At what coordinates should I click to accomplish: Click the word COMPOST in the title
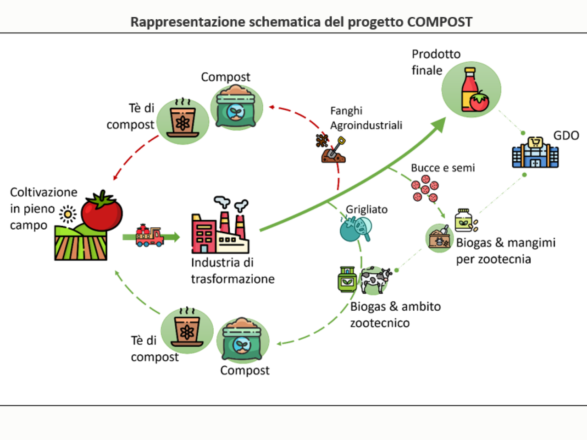pos(440,22)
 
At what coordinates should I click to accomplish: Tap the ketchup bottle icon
pos(470,89)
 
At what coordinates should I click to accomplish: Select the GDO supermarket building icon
pos(535,153)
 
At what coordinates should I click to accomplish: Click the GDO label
pos(566,136)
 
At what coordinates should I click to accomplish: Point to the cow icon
pos(376,280)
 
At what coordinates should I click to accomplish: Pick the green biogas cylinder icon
pos(347,280)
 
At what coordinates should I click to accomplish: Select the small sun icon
pos(68,214)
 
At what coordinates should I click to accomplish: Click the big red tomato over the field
pos(102,211)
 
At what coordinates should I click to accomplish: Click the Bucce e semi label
pos(443,168)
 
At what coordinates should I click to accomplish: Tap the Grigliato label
pos(366,209)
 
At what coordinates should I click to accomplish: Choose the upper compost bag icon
pos(236,107)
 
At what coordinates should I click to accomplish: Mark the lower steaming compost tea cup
pos(187,327)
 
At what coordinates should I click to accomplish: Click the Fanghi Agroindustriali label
pos(366,118)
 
